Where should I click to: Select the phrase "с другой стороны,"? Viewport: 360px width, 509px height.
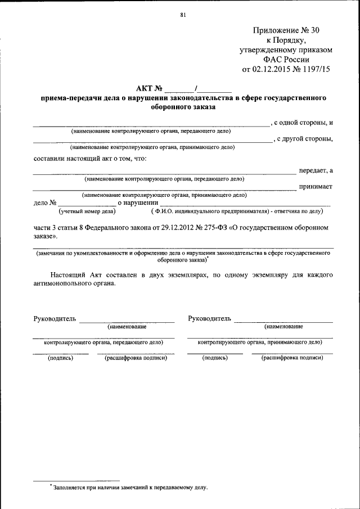pos(303,139)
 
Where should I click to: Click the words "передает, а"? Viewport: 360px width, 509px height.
pos(316,170)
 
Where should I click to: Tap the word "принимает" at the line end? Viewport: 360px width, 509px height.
pos(316,187)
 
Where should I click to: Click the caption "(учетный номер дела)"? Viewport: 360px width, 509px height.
pos(87,211)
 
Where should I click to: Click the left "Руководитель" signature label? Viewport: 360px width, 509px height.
pos(55,319)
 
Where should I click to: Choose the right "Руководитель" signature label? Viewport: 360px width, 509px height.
pos(209,319)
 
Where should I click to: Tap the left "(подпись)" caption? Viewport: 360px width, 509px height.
pos(61,357)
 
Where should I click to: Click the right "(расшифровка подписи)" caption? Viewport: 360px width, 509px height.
pos(292,357)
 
